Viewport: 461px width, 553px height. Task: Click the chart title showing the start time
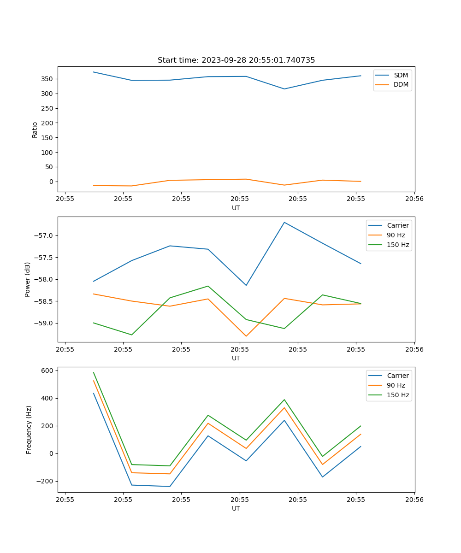tap(236, 60)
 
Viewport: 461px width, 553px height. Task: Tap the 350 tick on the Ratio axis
tap(47, 79)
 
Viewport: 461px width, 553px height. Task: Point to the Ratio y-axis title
tap(35, 129)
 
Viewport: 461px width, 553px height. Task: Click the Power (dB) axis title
tap(28, 279)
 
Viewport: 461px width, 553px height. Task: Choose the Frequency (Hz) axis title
tap(29, 429)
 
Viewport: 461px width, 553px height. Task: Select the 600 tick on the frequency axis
tap(48, 371)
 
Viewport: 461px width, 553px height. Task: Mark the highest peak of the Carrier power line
tap(284, 222)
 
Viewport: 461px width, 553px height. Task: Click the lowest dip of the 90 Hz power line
tap(246, 336)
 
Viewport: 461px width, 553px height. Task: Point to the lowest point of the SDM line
tap(284, 89)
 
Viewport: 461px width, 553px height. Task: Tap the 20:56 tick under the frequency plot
tap(414, 499)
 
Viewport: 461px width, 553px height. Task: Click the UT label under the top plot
tap(236, 208)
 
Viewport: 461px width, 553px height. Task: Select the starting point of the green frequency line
tap(94, 372)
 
